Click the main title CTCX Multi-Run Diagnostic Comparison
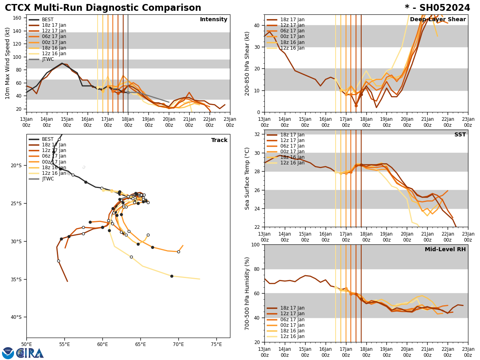(x=103, y=8)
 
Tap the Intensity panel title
(x=214, y=20)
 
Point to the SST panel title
(x=460, y=135)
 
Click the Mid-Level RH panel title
(x=445, y=250)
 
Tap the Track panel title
(x=219, y=140)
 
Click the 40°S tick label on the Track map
(x=16, y=317)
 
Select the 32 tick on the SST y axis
(x=258, y=134)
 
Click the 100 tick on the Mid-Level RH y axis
(x=256, y=244)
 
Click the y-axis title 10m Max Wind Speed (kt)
(x=8, y=63)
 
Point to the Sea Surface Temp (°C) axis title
(x=248, y=178)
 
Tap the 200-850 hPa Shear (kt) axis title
(x=248, y=63)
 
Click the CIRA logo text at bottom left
(x=30, y=353)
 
